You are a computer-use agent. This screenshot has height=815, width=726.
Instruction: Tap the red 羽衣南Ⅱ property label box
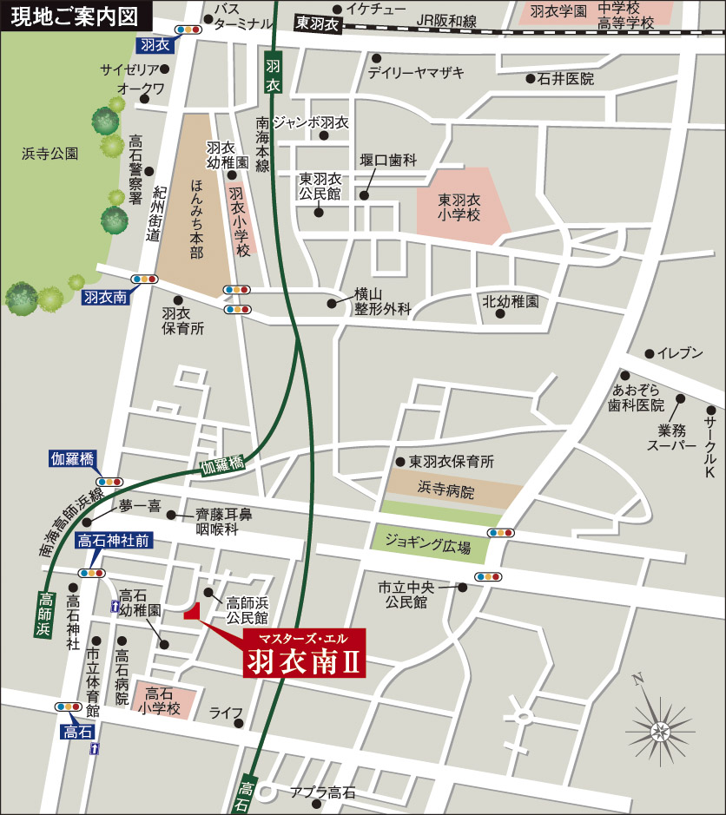[x=304, y=654]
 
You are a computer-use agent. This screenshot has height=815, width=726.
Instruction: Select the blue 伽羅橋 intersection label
[x=71, y=459]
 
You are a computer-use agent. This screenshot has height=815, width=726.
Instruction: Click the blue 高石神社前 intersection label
[x=114, y=540]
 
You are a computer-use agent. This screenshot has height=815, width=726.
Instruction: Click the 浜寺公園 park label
[x=49, y=154]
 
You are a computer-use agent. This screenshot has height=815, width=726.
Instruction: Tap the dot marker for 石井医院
[x=531, y=79]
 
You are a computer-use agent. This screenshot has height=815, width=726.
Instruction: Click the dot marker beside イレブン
[x=649, y=353]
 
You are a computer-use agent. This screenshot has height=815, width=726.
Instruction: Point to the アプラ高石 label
[x=322, y=792]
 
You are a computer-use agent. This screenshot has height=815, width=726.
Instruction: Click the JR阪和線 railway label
[x=446, y=20]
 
